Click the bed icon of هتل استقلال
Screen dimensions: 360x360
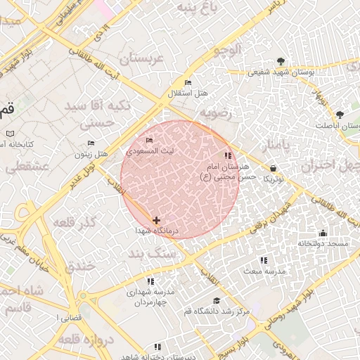click(x=188, y=83)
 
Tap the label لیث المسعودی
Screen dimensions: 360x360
click(x=149, y=150)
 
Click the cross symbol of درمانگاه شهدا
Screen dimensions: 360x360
click(x=156, y=220)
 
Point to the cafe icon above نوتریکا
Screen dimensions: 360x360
click(x=273, y=168)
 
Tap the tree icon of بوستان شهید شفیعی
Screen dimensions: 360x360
click(x=282, y=61)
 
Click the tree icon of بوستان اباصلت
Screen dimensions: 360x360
click(x=340, y=114)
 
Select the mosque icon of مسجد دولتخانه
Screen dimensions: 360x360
click(x=323, y=233)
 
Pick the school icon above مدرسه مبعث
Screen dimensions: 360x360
click(x=264, y=260)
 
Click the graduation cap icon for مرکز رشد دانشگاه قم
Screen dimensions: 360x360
click(x=217, y=300)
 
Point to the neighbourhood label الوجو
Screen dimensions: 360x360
click(x=229, y=49)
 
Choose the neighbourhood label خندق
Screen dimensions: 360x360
click(x=79, y=266)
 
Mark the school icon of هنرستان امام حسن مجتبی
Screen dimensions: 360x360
click(x=226, y=155)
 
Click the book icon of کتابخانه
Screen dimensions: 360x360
click(x=10, y=133)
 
